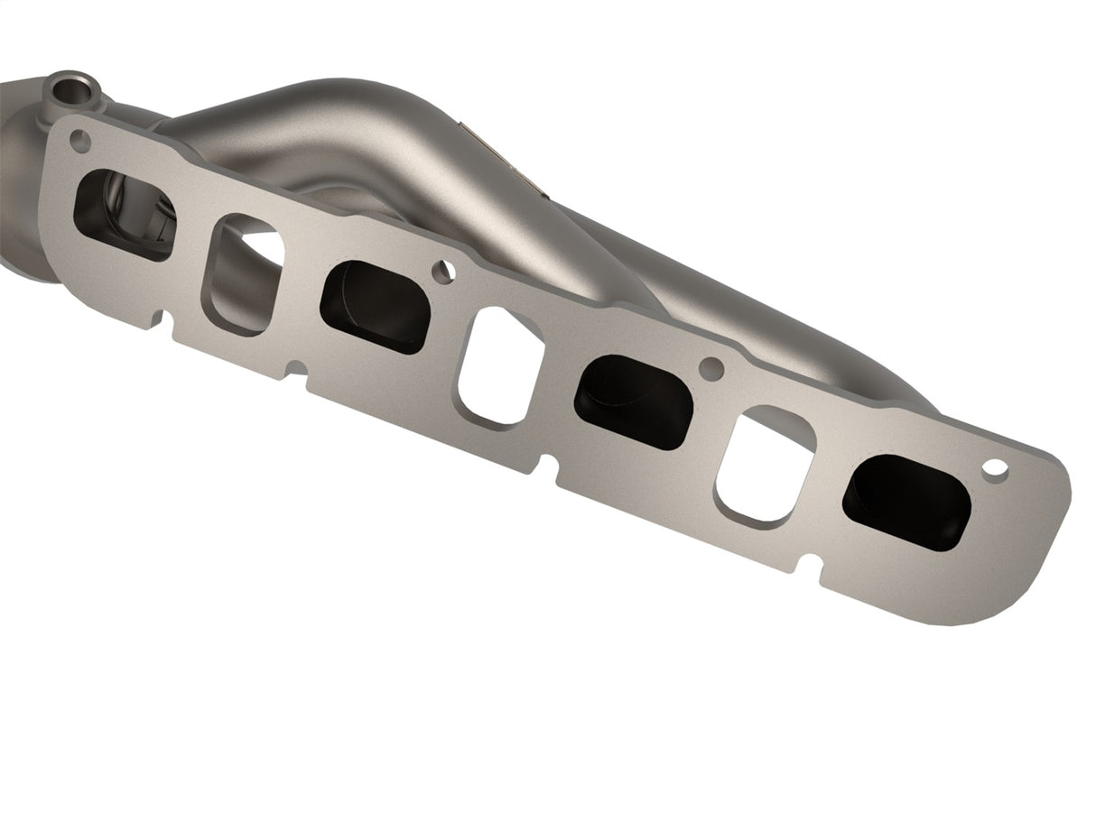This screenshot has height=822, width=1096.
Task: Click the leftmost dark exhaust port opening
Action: [124, 215]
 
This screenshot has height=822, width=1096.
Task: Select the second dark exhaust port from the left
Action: [375, 307]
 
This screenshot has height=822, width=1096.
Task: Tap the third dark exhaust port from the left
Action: [633, 402]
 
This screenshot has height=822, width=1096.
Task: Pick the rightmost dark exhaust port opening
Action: [906, 502]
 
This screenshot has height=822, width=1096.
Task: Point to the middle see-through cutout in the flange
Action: [499, 366]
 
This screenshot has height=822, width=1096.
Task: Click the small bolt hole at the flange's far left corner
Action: [79, 141]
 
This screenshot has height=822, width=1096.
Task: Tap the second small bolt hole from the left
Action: [442, 272]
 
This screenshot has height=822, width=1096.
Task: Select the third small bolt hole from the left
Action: [711, 368]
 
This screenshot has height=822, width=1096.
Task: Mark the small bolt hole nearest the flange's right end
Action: [995, 468]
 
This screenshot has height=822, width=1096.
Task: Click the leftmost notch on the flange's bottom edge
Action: [163, 319]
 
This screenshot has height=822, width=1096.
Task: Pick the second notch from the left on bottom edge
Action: [294, 370]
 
